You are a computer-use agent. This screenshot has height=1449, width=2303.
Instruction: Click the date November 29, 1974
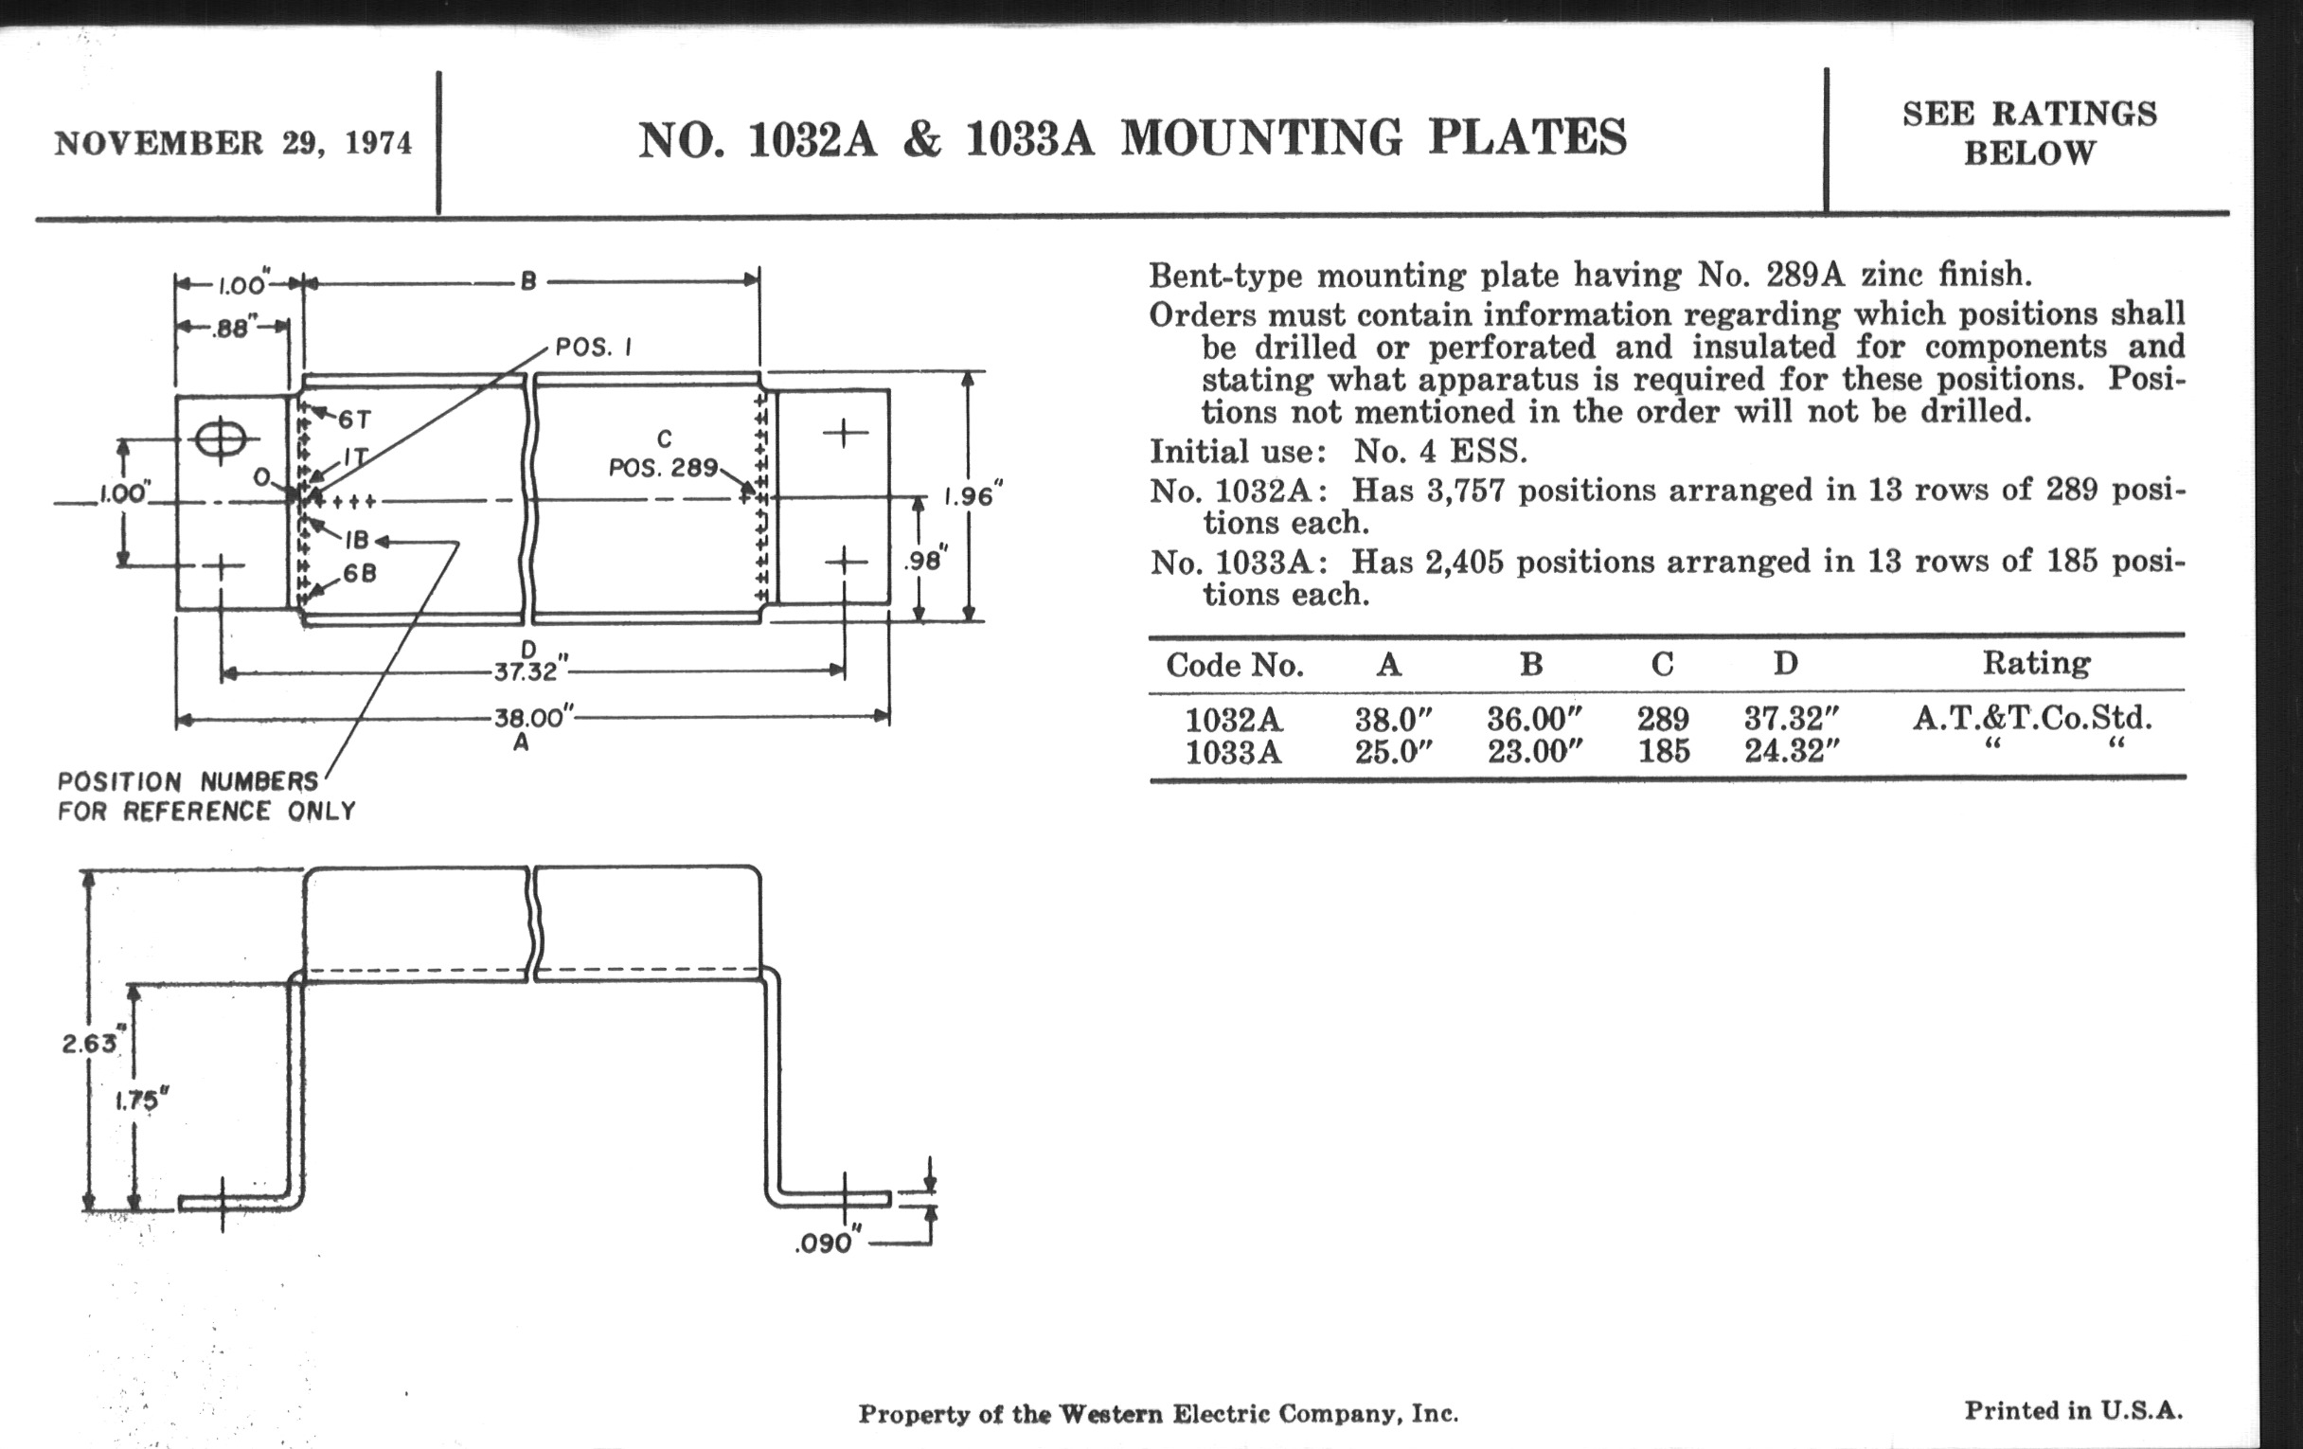233,143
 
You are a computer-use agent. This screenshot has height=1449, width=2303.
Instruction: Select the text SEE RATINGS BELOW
2028,133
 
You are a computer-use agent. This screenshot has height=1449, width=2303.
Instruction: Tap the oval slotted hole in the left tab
221,440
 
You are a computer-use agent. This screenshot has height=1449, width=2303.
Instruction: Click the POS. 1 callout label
593,349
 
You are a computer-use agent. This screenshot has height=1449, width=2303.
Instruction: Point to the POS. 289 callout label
663,468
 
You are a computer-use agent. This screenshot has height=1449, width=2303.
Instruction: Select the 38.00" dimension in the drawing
534,717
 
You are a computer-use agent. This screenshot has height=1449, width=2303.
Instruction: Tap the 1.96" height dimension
973,497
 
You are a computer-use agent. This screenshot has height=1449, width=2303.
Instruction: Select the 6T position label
354,420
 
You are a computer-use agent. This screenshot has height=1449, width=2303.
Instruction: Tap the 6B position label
360,574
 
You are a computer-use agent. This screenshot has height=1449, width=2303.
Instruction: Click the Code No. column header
1234,665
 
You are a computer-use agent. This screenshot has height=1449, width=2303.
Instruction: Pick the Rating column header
2035,663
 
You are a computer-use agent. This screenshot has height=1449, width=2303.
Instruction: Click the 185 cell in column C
1663,752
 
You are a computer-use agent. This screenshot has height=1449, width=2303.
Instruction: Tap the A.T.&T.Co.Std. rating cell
2032,717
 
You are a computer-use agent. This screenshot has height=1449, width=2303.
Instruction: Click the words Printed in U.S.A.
2074,1411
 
